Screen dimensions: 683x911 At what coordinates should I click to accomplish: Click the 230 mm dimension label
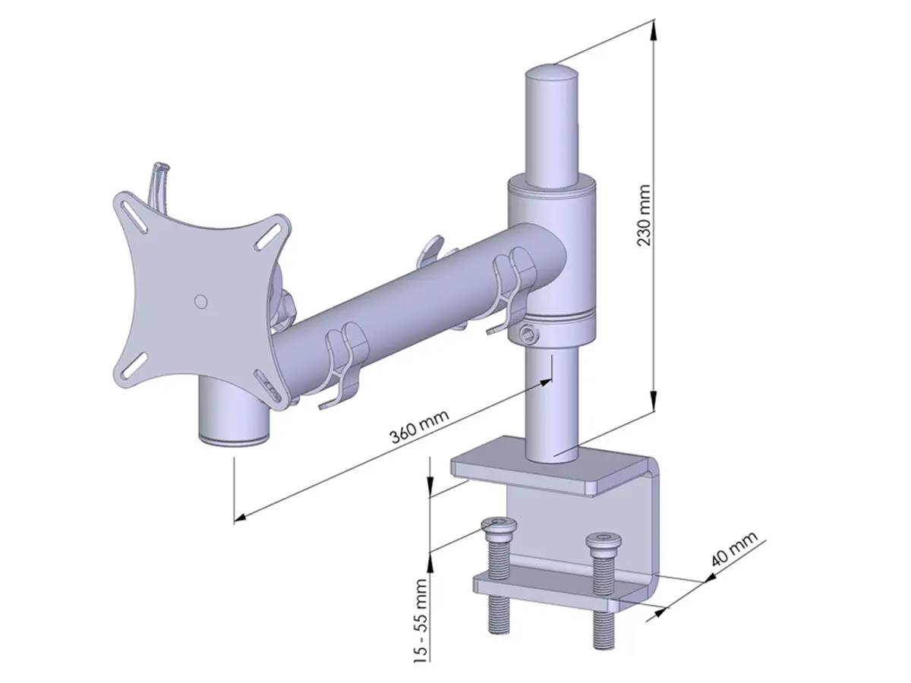(x=644, y=216)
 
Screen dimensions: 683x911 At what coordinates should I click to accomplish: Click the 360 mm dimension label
(x=419, y=427)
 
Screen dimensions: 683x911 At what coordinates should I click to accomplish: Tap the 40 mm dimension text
(x=734, y=551)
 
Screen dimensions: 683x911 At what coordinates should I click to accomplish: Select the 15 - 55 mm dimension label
(x=421, y=619)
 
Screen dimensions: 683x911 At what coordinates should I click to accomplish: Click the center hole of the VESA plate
(x=200, y=301)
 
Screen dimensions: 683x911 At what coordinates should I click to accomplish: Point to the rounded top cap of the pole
(x=550, y=75)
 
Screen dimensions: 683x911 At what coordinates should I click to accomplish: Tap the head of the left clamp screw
(x=496, y=526)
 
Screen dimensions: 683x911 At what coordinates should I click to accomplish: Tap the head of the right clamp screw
(x=604, y=541)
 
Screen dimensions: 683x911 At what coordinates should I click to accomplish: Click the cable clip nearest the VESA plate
(x=345, y=360)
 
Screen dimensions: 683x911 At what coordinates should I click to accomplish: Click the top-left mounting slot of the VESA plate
(x=137, y=213)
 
